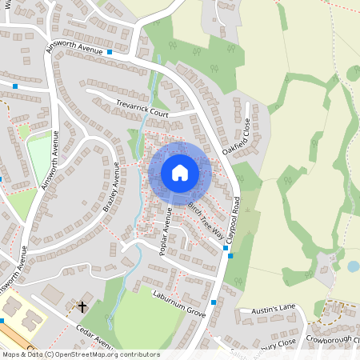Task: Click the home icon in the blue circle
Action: click(179, 173)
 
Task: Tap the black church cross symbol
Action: click(82, 306)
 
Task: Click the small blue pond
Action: click(353, 266)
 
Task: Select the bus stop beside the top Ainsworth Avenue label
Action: click(109, 52)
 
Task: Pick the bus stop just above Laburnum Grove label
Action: click(214, 302)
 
